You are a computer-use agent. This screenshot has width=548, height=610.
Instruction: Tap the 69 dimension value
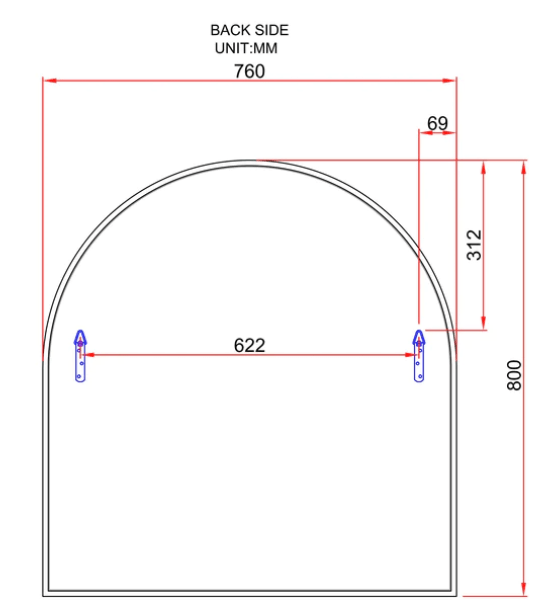(437, 123)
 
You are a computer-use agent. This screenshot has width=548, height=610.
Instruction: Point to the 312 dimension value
(475, 245)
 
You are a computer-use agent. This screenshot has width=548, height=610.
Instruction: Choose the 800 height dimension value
(514, 375)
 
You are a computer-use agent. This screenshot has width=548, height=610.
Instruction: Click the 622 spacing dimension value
(249, 345)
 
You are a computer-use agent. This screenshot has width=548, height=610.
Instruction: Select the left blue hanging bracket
(80, 355)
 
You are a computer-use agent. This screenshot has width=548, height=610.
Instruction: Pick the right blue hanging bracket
(419, 355)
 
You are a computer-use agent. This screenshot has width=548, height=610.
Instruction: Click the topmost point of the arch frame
(249, 160)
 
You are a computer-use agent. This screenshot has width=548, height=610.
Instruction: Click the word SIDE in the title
(270, 31)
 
